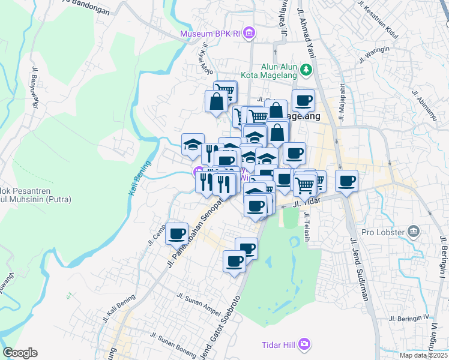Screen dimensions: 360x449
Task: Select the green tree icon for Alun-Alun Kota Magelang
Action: click(x=306, y=70)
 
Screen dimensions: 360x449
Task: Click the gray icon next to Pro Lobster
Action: click(x=413, y=231)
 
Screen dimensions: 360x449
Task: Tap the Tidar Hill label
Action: click(x=279, y=344)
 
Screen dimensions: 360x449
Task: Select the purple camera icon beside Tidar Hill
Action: click(x=305, y=344)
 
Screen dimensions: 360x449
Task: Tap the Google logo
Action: click(x=20, y=353)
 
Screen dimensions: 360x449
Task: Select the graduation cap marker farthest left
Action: click(x=193, y=145)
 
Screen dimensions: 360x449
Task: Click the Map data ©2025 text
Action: click(x=424, y=355)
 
